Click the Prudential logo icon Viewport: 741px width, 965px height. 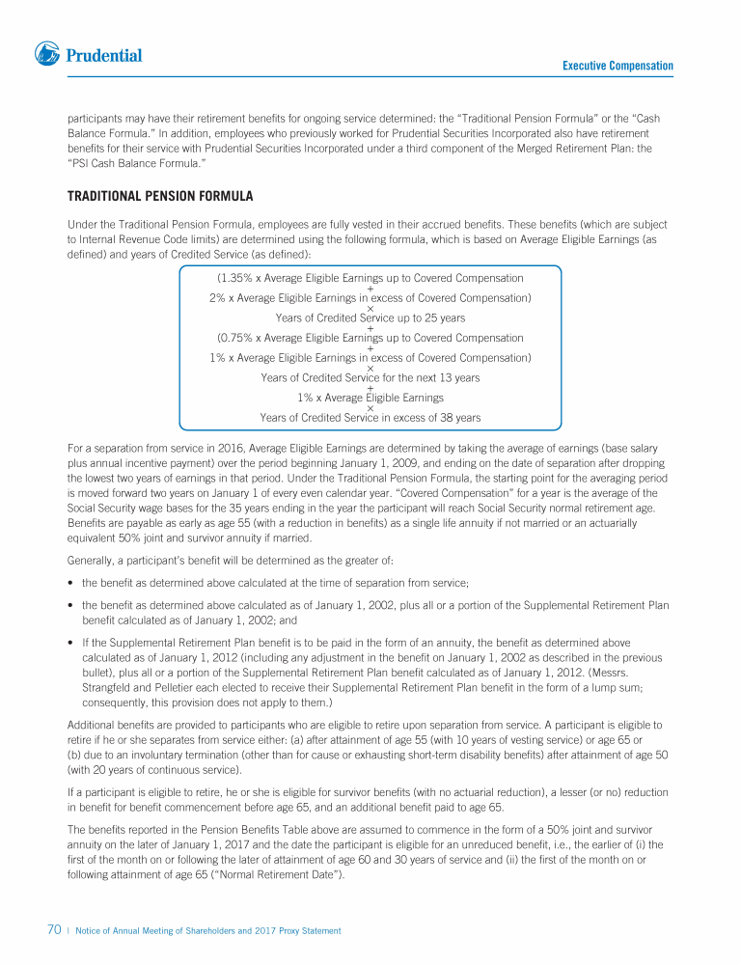tap(48, 55)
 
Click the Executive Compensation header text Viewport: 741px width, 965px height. tap(617, 66)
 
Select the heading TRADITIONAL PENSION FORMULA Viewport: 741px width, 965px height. tap(160, 197)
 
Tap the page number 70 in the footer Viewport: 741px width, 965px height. tap(55, 930)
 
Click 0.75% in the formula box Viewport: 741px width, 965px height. tap(237, 338)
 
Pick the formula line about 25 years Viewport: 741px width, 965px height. tap(370, 317)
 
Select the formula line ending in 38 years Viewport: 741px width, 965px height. tap(370, 418)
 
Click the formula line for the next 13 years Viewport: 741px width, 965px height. tap(370, 377)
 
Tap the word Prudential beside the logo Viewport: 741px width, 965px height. tap(104, 56)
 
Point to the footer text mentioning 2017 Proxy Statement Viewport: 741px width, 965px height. tap(208, 931)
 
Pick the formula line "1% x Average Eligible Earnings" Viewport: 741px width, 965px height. tap(370, 398)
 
